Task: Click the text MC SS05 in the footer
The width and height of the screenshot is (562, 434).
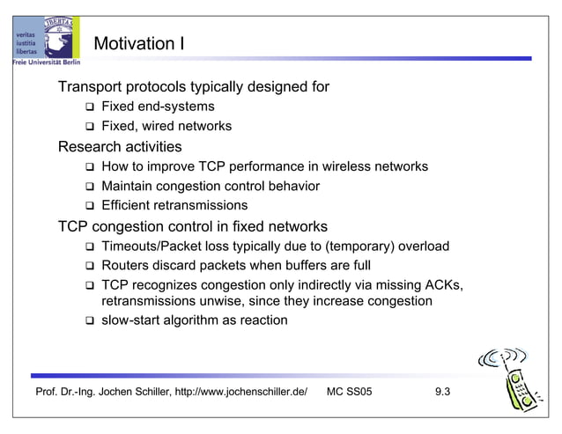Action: point(349,392)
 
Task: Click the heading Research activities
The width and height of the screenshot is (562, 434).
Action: point(119,146)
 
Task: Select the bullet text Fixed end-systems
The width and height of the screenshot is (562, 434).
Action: point(158,107)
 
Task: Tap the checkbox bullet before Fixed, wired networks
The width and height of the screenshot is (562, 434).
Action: point(89,127)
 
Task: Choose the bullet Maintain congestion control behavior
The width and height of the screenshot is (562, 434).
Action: point(210,187)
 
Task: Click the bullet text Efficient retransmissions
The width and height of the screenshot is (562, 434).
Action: point(174,206)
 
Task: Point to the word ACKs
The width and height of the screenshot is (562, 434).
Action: point(443,285)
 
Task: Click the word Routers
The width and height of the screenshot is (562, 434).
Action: point(128,265)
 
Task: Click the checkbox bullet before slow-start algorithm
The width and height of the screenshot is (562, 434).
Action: point(89,321)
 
